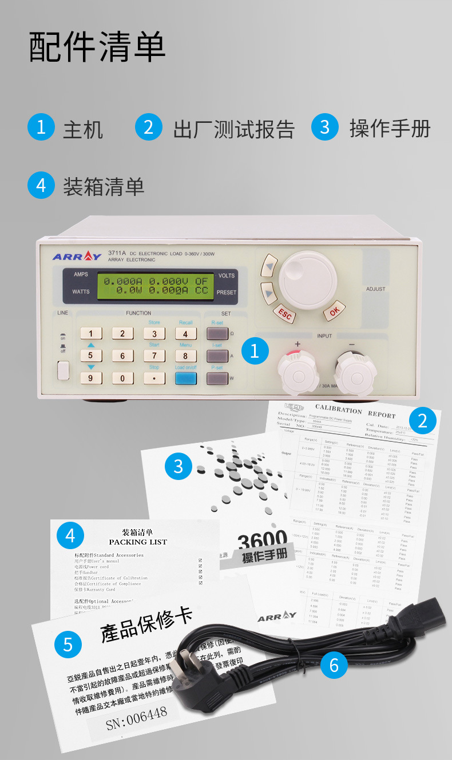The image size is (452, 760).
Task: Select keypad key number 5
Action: click(x=91, y=356)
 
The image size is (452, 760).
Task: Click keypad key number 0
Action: click(x=122, y=378)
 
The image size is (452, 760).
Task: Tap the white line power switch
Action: click(x=63, y=370)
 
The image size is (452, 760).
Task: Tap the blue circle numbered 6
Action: click(x=334, y=665)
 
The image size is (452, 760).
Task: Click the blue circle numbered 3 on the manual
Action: click(x=179, y=466)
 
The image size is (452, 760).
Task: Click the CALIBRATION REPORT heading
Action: click(x=355, y=411)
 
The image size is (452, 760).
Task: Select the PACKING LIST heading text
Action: click(x=138, y=542)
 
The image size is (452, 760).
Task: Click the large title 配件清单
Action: click(x=97, y=47)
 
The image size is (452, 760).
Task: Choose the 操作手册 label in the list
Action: click(x=390, y=128)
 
